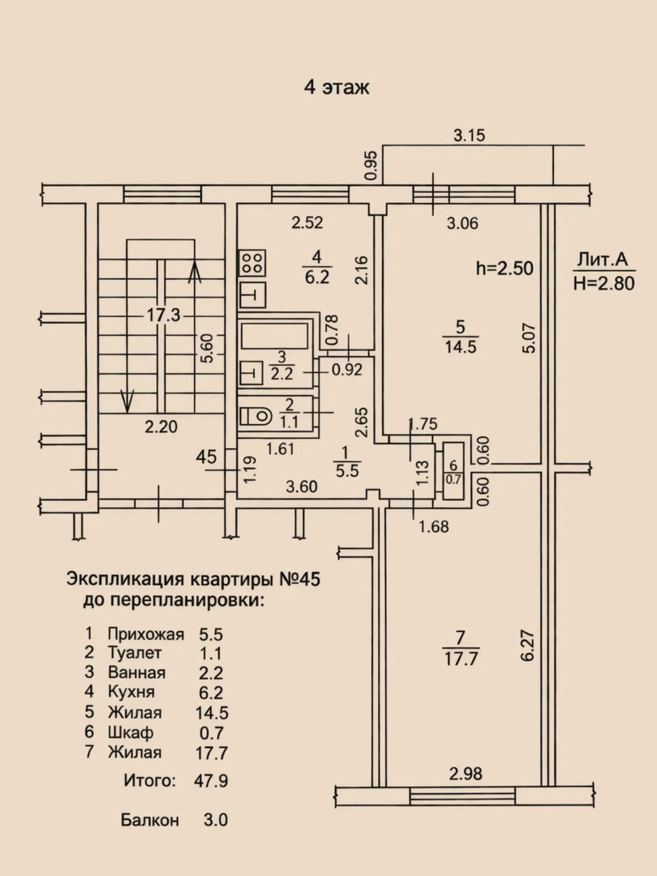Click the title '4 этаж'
pos(337,88)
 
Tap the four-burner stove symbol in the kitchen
pos(252,263)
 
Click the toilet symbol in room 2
pos(255,415)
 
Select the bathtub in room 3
pos(275,336)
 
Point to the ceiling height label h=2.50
pos(505,268)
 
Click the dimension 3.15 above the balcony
pos(470,135)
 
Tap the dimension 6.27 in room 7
pos(528,646)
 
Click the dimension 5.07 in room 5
pos(529,338)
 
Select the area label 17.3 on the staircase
pos(163,315)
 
